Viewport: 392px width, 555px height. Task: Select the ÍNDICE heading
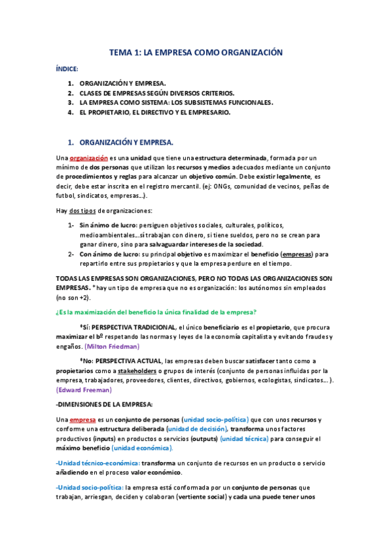66,69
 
